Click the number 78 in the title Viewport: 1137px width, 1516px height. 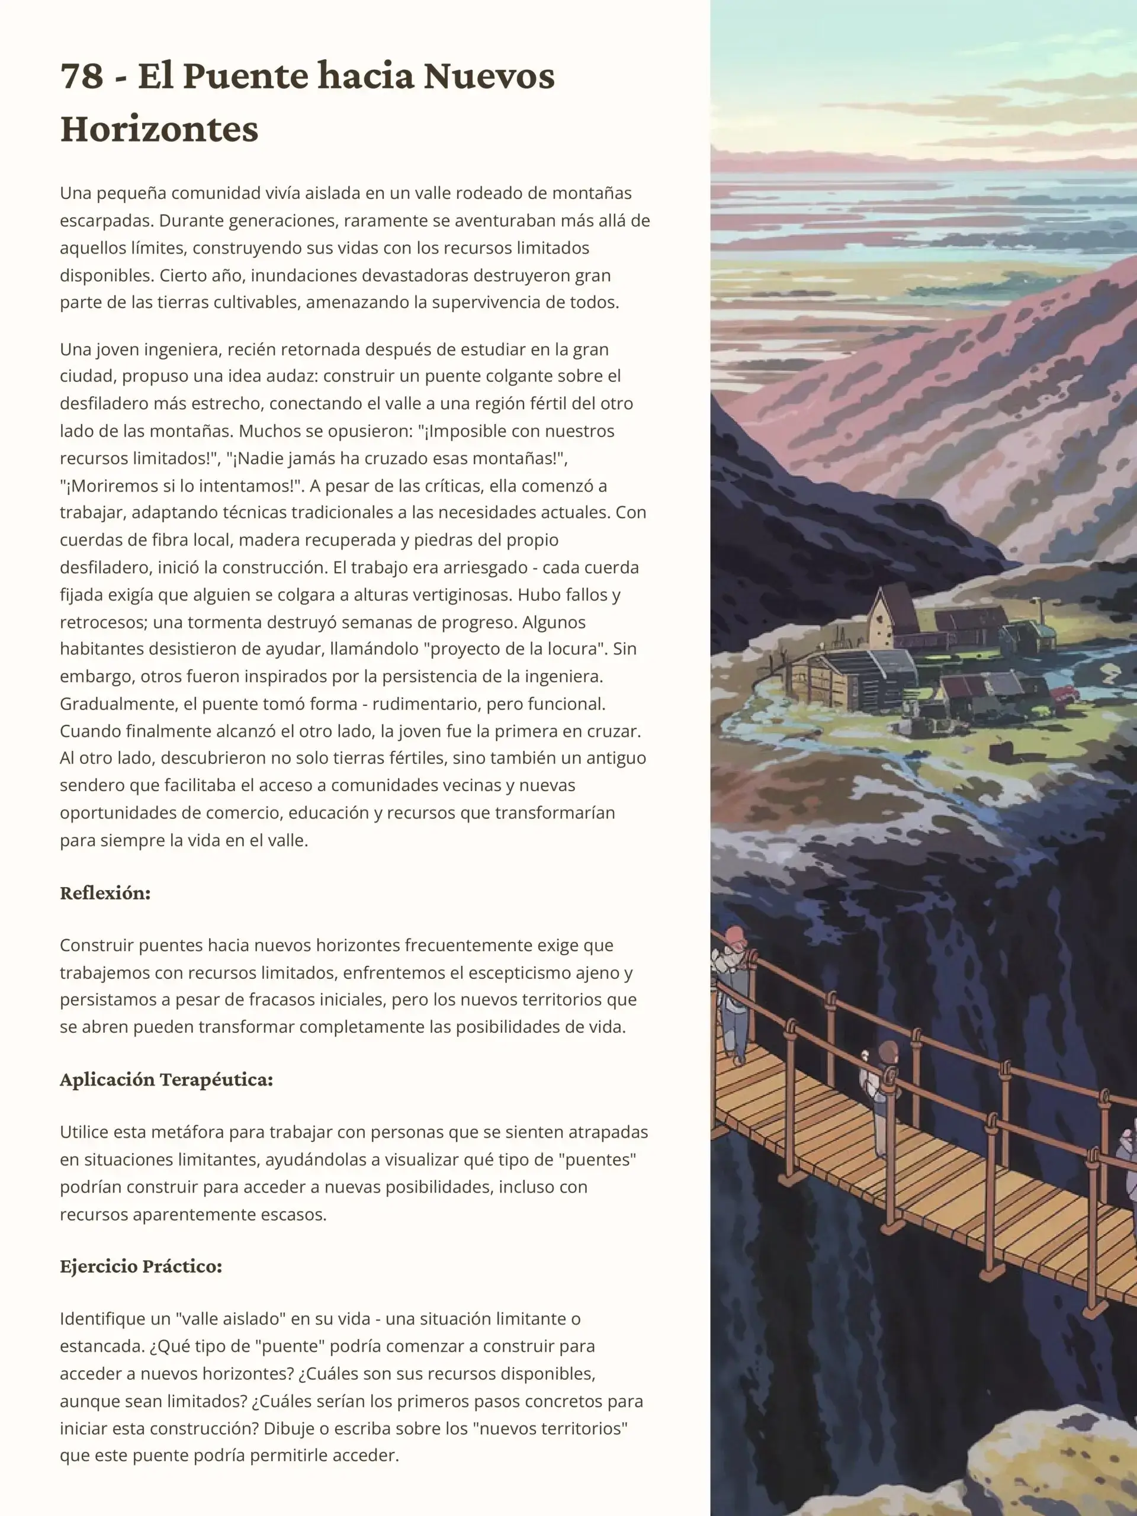coord(81,76)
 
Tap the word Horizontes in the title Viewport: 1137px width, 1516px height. coord(159,129)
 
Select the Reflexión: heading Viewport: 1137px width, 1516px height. coord(105,893)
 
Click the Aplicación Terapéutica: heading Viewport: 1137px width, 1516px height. coord(166,1080)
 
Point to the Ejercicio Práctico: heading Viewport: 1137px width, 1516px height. coord(141,1266)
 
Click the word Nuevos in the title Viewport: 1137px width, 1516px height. coord(489,76)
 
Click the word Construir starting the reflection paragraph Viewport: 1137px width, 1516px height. coord(97,946)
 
